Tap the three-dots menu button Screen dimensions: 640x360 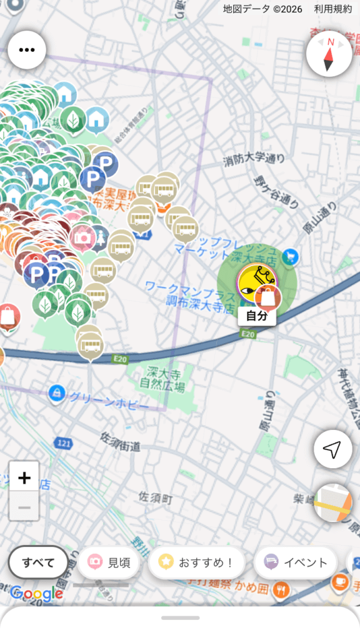click(x=27, y=50)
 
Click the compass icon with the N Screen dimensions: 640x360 click(x=329, y=54)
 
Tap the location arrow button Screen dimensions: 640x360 click(x=332, y=449)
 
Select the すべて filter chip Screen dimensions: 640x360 click(x=38, y=562)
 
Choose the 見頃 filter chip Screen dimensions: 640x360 click(x=109, y=562)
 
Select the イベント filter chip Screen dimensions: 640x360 click(x=296, y=562)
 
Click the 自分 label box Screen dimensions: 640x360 click(x=257, y=316)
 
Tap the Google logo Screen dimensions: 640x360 click(x=36, y=594)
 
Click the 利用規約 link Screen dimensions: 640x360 click(x=333, y=9)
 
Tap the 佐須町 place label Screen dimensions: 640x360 click(x=156, y=497)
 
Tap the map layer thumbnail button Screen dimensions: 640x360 click(x=332, y=503)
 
